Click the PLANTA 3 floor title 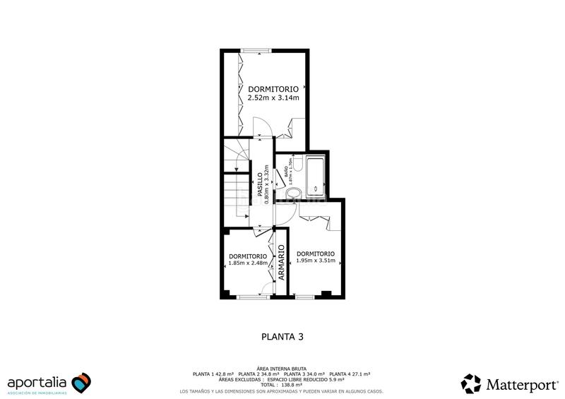tap(282, 337)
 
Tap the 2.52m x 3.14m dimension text tap(273, 98)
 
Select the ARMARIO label tap(280, 263)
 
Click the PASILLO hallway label tap(260, 184)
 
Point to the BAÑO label tap(286, 169)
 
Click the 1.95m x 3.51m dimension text tap(315, 261)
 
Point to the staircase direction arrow tap(236, 169)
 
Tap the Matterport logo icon tap(471, 383)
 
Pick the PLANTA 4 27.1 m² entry tap(351, 374)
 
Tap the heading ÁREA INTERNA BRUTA tap(282, 369)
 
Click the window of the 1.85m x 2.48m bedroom tap(249, 297)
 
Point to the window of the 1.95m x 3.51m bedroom tap(305, 297)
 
